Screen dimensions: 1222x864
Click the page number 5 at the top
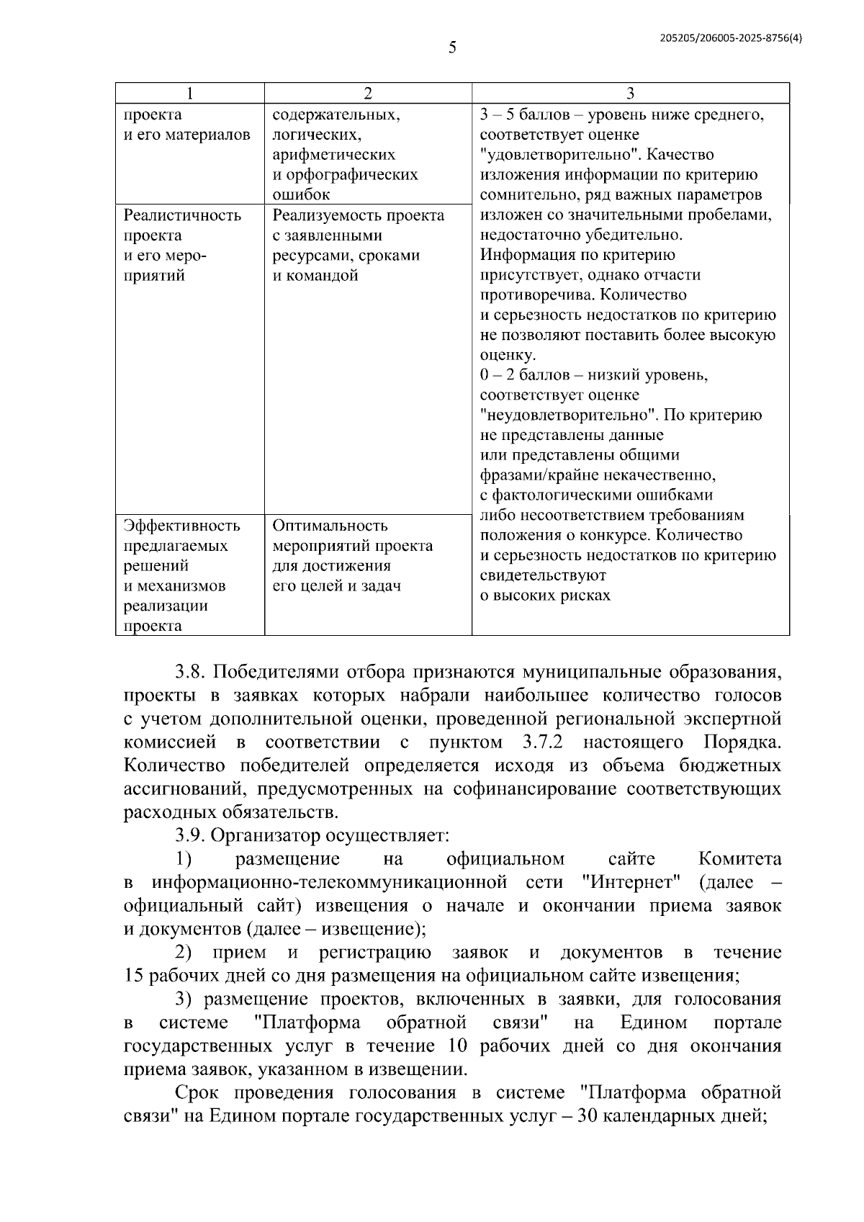tap(452, 48)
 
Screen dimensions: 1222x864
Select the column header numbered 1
tap(189, 93)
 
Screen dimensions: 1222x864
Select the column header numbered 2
tap(368, 93)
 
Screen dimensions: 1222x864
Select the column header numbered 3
tap(630, 93)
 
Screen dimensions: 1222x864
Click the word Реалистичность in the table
tap(182, 215)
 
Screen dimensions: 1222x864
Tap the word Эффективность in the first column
tap(181, 526)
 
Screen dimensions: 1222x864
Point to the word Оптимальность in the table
tap(330, 526)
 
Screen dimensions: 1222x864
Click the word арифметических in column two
tap(333, 155)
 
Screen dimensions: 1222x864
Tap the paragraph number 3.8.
tap(192, 673)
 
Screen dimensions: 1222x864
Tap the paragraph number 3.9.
tap(192, 835)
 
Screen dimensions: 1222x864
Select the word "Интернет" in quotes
tap(631, 882)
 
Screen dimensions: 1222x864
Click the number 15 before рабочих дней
tap(134, 976)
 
